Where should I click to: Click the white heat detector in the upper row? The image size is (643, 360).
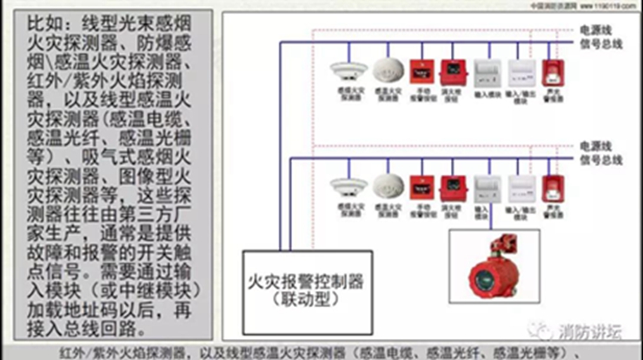(x=385, y=70)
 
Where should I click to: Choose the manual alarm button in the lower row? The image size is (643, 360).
(x=421, y=187)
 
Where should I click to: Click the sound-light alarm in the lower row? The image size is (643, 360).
(x=550, y=187)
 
